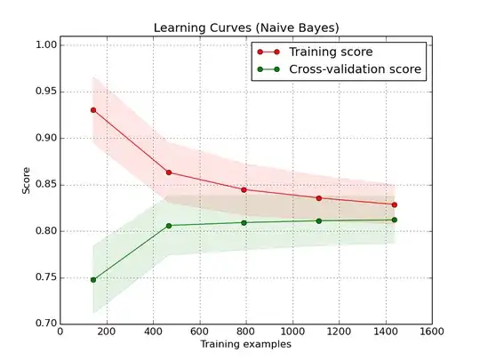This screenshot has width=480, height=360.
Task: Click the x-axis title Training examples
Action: pyautogui.click(x=244, y=344)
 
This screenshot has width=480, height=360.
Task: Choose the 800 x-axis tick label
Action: pyautogui.click(x=245, y=332)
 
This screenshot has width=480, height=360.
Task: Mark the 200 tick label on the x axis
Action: pyautogui.click(x=107, y=332)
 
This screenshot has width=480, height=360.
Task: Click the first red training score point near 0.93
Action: pyautogui.click(x=93, y=110)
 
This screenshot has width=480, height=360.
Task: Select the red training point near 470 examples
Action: pyautogui.click(x=169, y=172)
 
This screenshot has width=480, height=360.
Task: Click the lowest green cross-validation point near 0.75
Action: pyautogui.click(x=93, y=279)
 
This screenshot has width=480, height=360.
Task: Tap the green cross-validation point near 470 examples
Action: pyautogui.click(x=169, y=226)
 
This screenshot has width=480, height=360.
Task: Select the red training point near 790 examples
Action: pyautogui.click(x=244, y=189)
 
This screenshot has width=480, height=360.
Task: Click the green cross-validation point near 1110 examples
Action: pyautogui.click(x=318, y=220)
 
